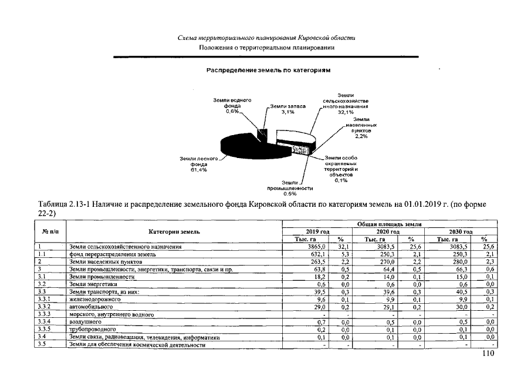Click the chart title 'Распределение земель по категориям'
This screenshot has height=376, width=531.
pos(268,70)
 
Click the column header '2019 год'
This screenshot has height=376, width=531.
pos(317,232)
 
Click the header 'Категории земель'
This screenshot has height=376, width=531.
pos(174,232)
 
